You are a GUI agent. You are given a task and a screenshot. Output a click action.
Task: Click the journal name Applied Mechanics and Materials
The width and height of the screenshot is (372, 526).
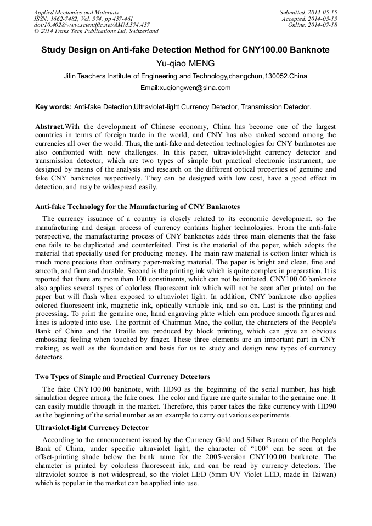[76, 12]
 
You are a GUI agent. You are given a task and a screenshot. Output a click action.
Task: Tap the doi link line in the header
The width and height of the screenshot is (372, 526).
[92, 25]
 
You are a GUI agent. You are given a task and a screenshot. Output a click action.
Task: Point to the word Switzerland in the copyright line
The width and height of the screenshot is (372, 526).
[140, 31]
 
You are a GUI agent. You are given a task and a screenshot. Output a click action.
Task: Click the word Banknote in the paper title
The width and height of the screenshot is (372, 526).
[309, 50]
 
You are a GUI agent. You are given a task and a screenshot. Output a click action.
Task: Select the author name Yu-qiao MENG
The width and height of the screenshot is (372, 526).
[185, 64]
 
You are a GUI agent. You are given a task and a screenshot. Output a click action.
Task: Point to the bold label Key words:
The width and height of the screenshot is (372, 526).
[53, 107]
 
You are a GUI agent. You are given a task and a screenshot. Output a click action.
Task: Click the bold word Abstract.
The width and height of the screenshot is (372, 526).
[50, 127]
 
